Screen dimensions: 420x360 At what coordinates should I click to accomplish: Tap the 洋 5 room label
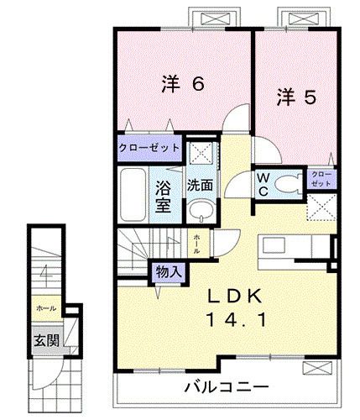tap(297, 97)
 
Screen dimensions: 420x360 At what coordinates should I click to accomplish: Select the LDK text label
tap(237, 296)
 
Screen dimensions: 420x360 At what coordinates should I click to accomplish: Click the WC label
tap(261, 185)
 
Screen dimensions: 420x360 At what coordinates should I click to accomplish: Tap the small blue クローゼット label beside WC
tap(321, 178)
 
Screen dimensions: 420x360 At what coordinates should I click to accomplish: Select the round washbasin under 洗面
tap(199, 210)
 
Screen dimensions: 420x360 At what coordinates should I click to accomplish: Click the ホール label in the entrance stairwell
tap(47, 308)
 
